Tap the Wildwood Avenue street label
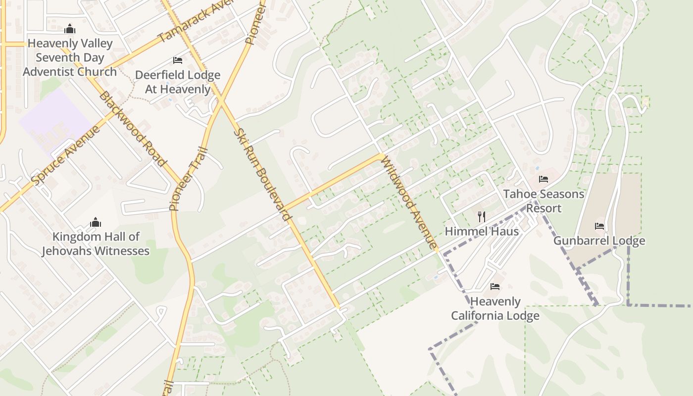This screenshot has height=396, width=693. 409,203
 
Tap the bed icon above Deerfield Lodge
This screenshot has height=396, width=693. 178,60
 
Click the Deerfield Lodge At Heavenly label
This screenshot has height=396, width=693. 178,82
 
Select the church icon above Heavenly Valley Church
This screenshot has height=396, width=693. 70,29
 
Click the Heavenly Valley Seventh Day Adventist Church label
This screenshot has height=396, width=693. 70,57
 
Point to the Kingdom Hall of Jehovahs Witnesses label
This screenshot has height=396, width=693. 96,244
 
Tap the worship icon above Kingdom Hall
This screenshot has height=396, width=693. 96,223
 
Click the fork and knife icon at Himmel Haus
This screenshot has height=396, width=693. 481,216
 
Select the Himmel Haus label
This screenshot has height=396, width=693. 482,231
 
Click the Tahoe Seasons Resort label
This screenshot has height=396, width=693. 544,201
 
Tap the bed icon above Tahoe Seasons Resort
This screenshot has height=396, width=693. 544,179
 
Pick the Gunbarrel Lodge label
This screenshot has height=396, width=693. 599,241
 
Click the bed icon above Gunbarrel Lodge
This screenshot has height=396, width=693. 599,226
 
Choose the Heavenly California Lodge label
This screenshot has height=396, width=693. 495,308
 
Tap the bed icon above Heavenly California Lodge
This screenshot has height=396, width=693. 495,287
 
